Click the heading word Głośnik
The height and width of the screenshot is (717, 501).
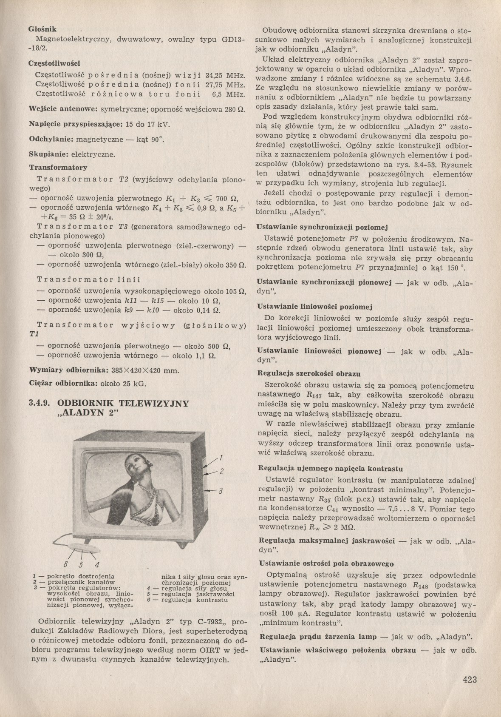tap(42, 29)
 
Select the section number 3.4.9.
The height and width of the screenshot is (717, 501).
tap(40, 404)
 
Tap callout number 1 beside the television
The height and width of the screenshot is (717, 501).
tap(221, 458)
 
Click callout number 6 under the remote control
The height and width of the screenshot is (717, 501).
tap(66, 565)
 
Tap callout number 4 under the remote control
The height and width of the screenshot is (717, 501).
tap(96, 565)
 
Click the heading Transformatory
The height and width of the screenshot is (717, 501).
tap(58, 167)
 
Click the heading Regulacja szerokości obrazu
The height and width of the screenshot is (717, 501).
tap(309, 374)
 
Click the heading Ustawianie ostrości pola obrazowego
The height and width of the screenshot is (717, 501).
tap(326, 564)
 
